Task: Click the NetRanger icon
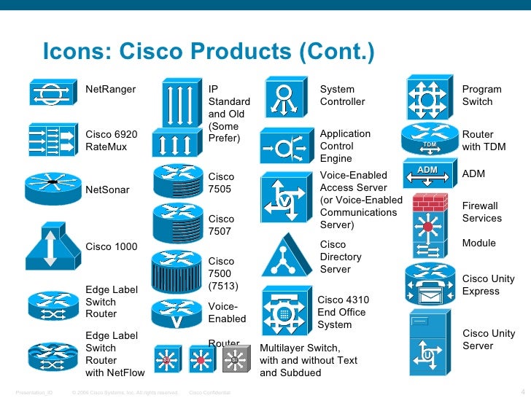[x=52, y=94]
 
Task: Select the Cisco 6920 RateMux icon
[x=52, y=137]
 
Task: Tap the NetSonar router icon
[x=52, y=185]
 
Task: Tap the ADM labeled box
[x=427, y=171]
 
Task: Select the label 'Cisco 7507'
[x=222, y=225]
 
